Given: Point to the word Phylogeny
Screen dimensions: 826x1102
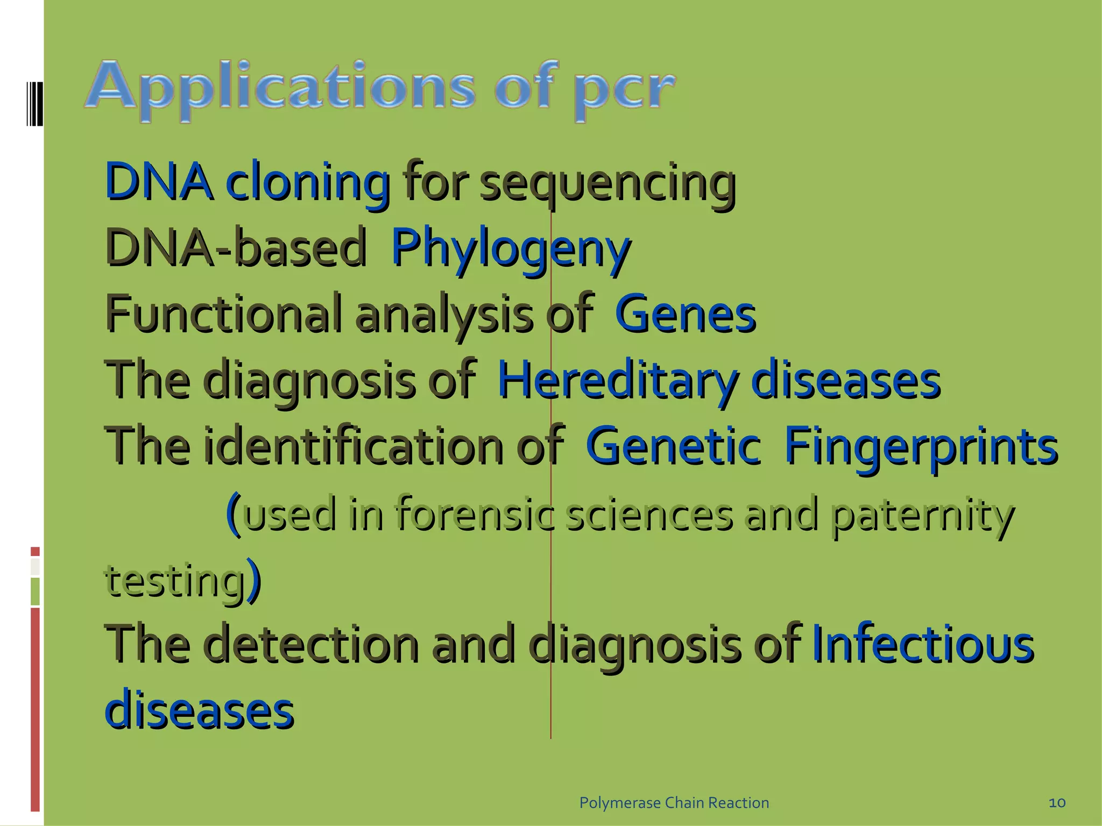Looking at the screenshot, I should [x=510, y=250].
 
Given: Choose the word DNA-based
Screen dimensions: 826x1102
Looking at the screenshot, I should [x=236, y=248].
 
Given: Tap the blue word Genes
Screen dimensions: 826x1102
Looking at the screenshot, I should [x=685, y=315].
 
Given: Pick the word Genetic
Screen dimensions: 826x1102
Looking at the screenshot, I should [x=673, y=446].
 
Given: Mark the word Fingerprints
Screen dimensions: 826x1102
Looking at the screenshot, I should [x=921, y=447].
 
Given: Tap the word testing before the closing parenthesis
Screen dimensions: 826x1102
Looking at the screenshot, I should [x=175, y=581].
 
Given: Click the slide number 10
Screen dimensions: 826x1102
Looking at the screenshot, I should [x=1057, y=803].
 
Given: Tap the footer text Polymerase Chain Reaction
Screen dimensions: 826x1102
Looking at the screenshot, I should [x=674, y=803].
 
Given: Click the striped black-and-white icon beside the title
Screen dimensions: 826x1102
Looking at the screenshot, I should [x=34, y=103].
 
